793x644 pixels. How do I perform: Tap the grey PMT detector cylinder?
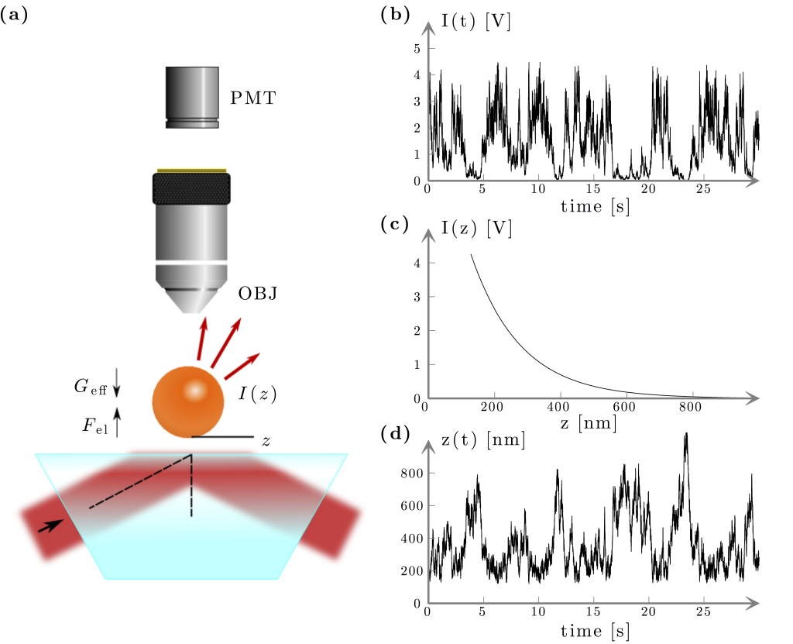192,96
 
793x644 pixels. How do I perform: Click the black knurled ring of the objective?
191,188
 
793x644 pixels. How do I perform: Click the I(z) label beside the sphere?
257,394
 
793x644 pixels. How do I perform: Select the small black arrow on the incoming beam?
48,525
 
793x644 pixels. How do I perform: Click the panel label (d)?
395,434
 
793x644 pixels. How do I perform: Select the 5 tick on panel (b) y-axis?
417,49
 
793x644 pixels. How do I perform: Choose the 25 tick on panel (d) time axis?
703,611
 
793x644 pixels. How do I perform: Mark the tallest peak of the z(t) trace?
685,436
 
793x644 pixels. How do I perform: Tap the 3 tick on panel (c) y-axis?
417,298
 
